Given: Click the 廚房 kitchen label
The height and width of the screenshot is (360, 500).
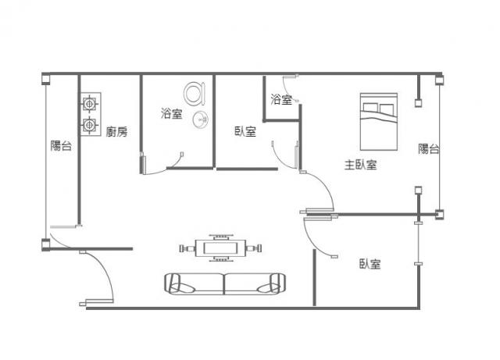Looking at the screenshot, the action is point(116,131).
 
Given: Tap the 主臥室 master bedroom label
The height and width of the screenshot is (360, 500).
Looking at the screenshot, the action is point(361,165).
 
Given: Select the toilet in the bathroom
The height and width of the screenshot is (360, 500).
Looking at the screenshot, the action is point(195,94).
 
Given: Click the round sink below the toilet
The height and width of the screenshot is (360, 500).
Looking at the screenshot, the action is point(200,119).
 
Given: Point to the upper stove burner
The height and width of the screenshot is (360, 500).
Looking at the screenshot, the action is point(89,104).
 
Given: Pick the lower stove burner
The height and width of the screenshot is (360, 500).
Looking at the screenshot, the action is point(89,125).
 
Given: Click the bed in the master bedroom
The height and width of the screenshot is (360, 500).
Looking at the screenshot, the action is point(379,122).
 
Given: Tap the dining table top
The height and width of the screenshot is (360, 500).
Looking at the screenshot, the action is point(220,248).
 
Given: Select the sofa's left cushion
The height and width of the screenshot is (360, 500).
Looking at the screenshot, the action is point(195,283).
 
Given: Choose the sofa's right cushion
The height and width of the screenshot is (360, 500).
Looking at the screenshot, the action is point(255,283).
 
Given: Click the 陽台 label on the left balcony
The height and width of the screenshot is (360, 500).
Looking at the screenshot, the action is point(61,146).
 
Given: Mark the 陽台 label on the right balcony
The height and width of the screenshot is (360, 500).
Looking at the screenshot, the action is point(429,148).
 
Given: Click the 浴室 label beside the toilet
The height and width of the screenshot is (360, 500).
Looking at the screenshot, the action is point(172,113).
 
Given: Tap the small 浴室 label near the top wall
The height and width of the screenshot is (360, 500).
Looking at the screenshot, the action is point(281,99).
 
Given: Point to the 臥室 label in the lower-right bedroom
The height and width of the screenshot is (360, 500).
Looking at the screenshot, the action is point(370,264).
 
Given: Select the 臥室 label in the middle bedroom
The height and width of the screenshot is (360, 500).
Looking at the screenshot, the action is point(245,131).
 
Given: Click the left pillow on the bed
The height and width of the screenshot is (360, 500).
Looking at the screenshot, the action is point(370,108).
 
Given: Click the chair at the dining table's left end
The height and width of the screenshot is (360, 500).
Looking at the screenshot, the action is point(187,248).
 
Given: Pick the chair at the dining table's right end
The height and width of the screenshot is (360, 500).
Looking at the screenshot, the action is point(253,248).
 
